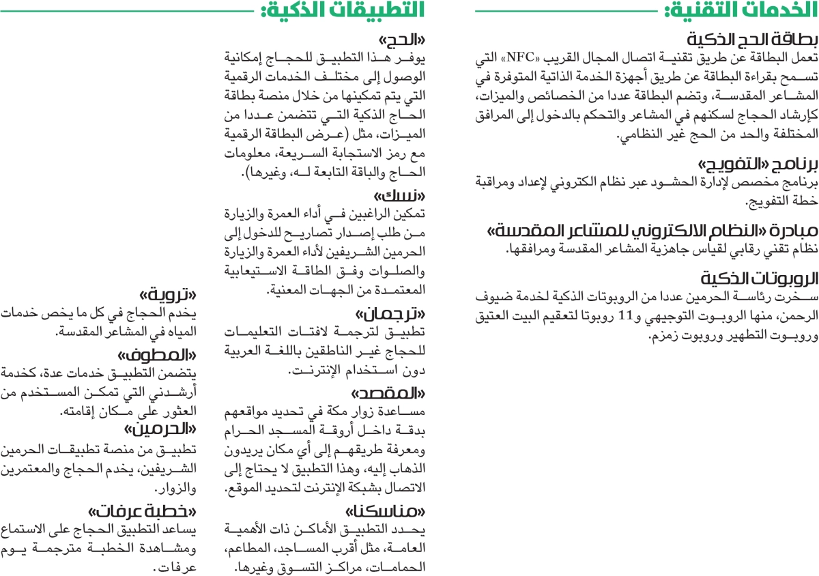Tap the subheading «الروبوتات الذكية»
tap(758, 260)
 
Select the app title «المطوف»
tap(159, 357)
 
